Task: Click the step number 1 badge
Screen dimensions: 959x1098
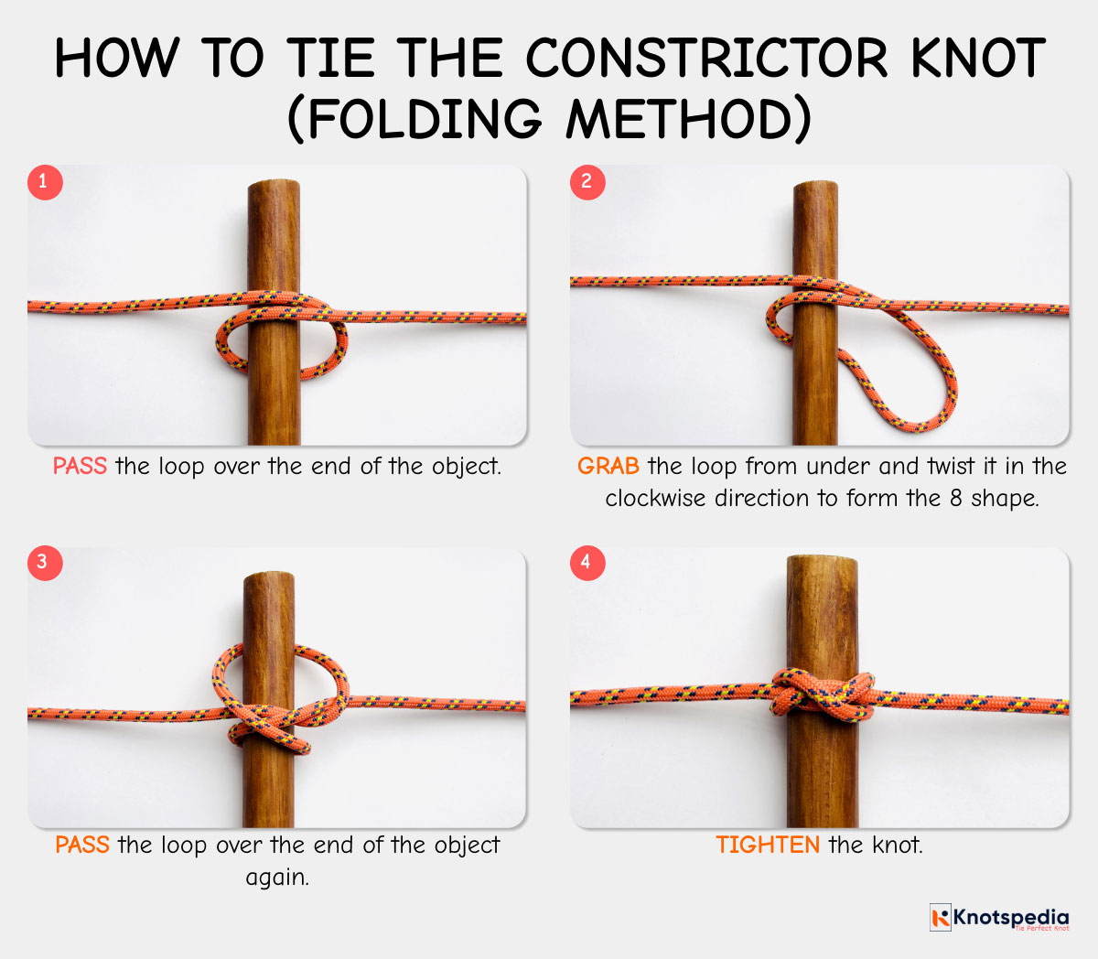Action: point(44,181)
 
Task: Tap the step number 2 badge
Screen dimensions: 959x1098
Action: point(587,181)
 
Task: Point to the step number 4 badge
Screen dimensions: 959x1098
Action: point(587,562)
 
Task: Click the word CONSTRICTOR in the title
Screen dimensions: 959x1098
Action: point(705,59)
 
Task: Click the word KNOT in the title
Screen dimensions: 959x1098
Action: point(977,59)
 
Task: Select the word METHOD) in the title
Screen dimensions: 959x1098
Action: point(688,119)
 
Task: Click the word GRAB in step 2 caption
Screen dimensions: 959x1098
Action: point(608,467)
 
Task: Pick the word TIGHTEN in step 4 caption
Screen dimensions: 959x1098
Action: point(767,845)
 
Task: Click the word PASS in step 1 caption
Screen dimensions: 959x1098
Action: point(80,467)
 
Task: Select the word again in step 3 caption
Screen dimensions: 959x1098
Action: point(276,878)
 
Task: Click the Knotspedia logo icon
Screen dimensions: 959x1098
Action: point(940,917)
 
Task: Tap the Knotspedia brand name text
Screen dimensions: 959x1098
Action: point(1010,916)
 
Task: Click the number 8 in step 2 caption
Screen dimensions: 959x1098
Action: point(955,499)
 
